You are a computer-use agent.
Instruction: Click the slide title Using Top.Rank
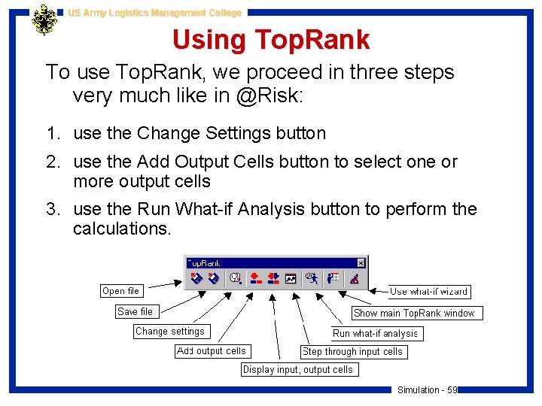tap(271, 40)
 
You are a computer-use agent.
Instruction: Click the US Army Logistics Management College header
tap(154, 13)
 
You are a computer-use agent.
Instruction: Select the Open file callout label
tap(120, 291)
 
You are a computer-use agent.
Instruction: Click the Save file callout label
tap(135, 311)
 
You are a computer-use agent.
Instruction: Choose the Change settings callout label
tap(170, 331)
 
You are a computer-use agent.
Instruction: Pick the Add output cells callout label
tap(212, 350)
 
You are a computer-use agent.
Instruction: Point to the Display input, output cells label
tap(298, 369)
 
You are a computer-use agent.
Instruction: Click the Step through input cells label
tap(353, 351)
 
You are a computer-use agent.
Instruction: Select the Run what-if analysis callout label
tap(376, 333)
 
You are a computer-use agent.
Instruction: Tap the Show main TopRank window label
tap(415, 313)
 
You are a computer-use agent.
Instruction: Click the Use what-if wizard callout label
tap(429, 291)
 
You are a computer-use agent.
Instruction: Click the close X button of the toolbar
tap(361, 263)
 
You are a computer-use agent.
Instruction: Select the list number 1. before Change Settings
tap(52, 134)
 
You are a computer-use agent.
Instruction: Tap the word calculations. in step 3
tap(122, 228)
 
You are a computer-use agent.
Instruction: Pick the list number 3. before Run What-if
tap(52, 209)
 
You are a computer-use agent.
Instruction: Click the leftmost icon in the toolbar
tap(196, 279)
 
